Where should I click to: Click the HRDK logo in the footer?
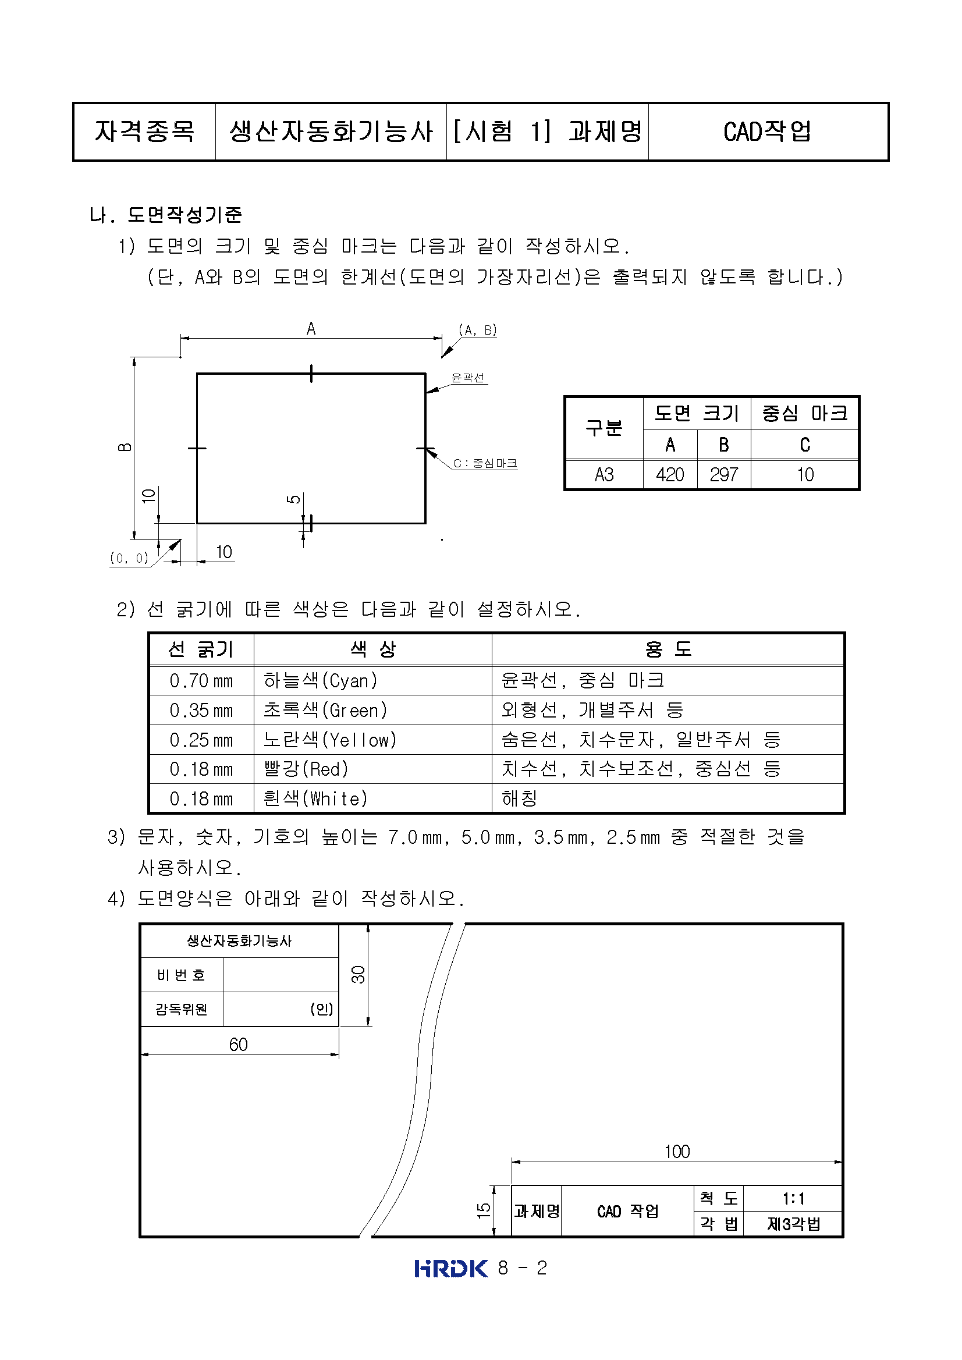[451, 1268]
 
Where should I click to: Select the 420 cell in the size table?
[669, 474]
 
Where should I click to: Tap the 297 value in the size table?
[723, 474]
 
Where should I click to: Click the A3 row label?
[604, 474]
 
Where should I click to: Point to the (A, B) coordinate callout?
[477, 330]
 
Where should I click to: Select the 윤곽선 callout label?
[468, 377]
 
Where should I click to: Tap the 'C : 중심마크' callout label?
[485, 463]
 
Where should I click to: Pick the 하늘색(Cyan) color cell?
[321, 681]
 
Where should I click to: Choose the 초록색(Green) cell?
[325, 709]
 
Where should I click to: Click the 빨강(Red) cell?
[306, 769]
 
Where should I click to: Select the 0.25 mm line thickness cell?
[201, 740]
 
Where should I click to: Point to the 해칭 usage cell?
[520, 798]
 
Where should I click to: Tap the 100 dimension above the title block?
[676, 1152]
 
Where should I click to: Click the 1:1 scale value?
[793, 1199]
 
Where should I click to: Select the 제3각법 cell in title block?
[793, 1224]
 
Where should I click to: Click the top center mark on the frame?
[311, 373]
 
